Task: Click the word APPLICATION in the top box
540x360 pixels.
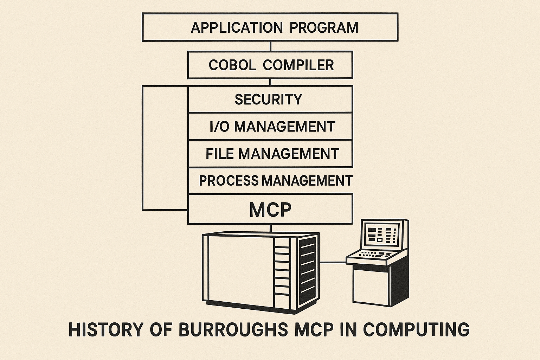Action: click(x=236, y=27)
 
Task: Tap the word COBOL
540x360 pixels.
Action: click(x=232, y=65)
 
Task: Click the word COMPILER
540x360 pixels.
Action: click(x=298, y=65)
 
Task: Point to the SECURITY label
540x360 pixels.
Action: click(x=268, y=99)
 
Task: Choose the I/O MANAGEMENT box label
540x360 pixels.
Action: click(x=272, y=127)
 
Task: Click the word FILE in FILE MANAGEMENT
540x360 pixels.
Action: click(x=220, y=154)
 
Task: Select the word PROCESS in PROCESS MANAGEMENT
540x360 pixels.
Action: click(x=229, y=181)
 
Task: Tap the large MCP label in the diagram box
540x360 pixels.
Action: click(x=270, y=210)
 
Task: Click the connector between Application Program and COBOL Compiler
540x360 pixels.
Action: click(x=270, y=46)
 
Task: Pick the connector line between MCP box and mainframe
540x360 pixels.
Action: click(x=270, y=228)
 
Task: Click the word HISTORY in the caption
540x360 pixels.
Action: click(x=106, y=329)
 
